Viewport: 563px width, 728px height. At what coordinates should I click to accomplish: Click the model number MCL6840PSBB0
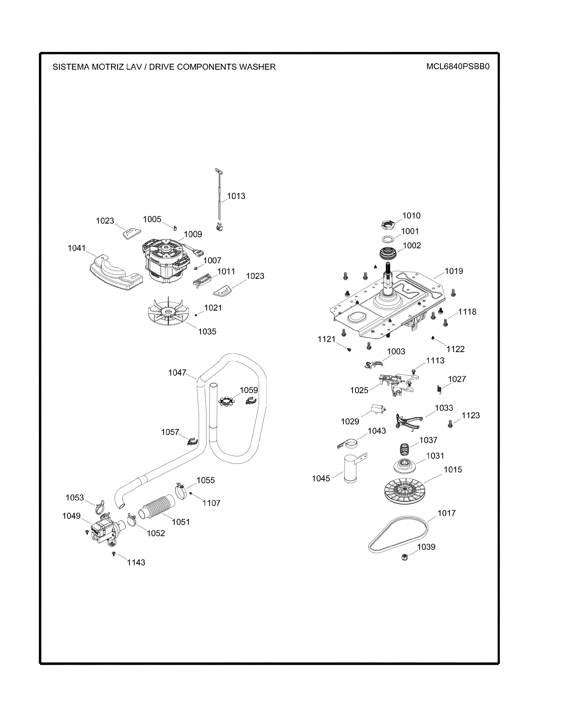pos(458,67)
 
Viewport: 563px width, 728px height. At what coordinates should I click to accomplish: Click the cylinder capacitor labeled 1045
pos(350,469)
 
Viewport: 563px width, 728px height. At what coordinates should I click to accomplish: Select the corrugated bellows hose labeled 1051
pos(157,507)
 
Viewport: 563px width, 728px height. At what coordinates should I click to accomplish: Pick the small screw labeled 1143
pos(114,554)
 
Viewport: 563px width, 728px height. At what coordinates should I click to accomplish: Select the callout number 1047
pos(177,373)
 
